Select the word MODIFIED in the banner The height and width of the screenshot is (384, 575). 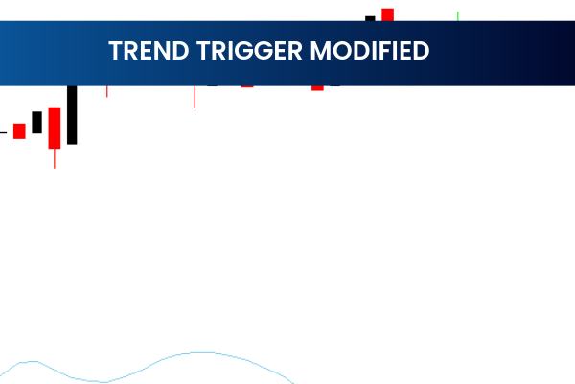[369, 50]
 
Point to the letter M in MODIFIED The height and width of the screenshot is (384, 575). [320, 50]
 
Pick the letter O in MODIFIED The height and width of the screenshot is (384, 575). [340, 50]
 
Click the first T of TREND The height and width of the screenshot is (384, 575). [115, 50]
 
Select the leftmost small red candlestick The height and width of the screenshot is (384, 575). [19, 132]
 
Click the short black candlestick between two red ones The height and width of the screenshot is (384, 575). [37, 122]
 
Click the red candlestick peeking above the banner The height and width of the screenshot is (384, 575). [387, 13]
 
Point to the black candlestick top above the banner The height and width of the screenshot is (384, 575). [370, 17]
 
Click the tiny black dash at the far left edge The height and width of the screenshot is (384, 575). [3, 132]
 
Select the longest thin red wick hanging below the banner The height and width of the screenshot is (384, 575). [195, 97]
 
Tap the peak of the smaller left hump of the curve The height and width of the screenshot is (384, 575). [32, 362]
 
